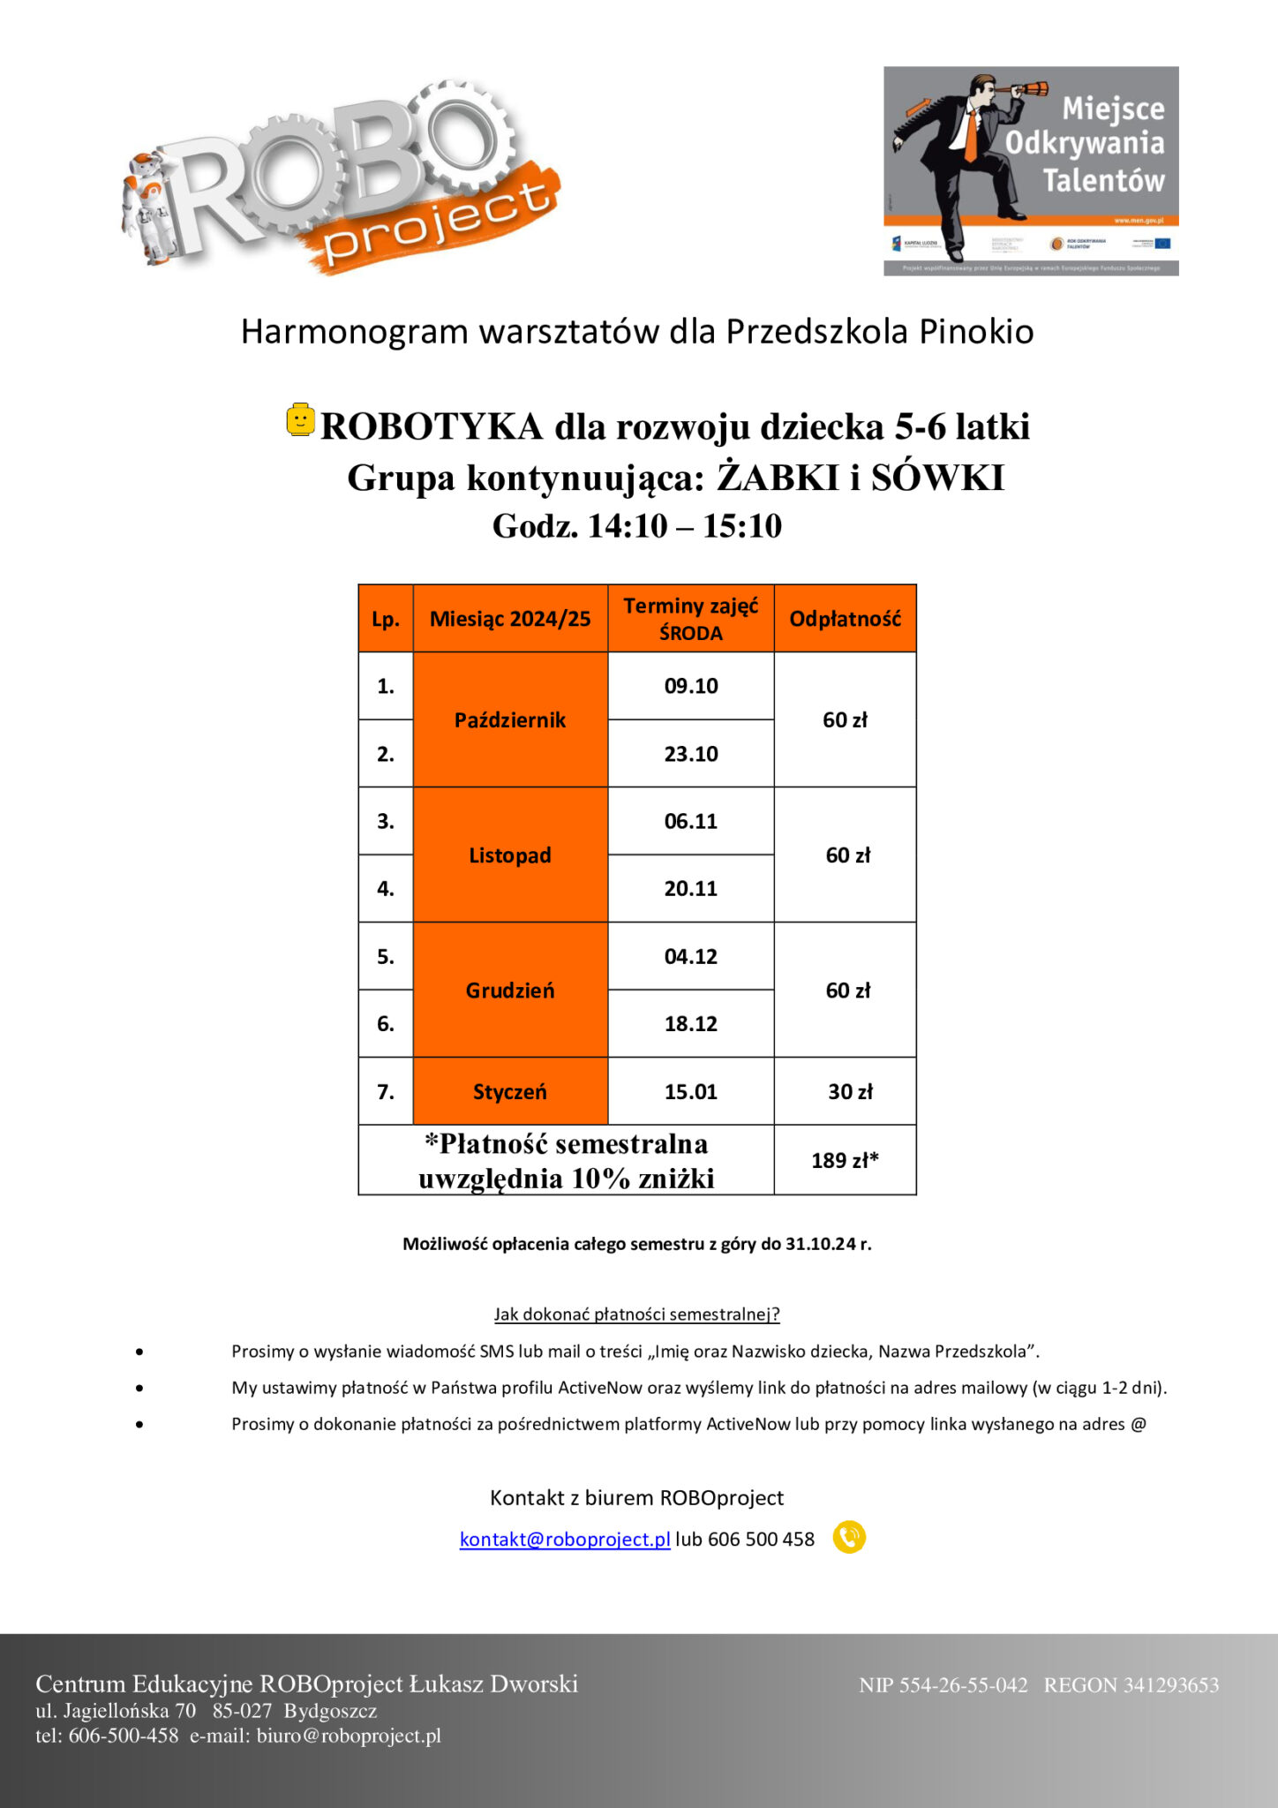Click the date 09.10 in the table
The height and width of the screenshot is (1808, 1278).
pos(690,686)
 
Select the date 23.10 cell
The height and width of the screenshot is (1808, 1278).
pos(690,754)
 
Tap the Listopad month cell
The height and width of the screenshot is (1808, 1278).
pos(510,855)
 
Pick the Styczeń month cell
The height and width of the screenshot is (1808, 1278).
pos(510,1092)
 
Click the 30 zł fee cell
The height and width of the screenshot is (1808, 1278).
pos(849,1092)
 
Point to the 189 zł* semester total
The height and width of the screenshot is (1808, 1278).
pos(845,1160)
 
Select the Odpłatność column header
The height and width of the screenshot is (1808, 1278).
pos(845,619)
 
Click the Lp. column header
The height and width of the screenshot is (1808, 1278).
pos(386,619)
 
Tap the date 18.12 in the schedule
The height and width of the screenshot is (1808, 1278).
pos(690,1024)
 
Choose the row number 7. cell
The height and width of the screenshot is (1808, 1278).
pos(386,1092)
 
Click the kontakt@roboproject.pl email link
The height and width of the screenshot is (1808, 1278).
pos(565,1540)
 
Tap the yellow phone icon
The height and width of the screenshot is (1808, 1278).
pos(849,1538)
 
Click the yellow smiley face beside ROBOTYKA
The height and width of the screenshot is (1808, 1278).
pos(300,419)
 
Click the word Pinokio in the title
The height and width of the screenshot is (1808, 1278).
pos(976,332)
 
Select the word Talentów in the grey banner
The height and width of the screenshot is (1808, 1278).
pos(1103,180)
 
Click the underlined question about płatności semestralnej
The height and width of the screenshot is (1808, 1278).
pos(636,1315)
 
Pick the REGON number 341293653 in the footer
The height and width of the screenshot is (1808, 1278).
pos(1170,1685)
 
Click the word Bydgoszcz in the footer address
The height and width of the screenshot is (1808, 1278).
pos(330,1711)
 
